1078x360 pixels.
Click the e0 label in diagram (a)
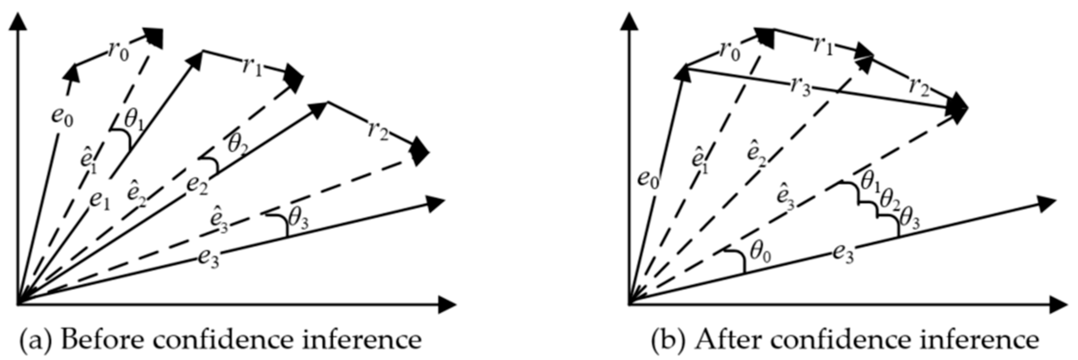click(62, 117)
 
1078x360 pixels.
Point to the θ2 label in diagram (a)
click(237, 144)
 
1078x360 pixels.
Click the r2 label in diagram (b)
click(918, 87)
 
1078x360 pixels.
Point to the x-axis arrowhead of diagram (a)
click(447, 304)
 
